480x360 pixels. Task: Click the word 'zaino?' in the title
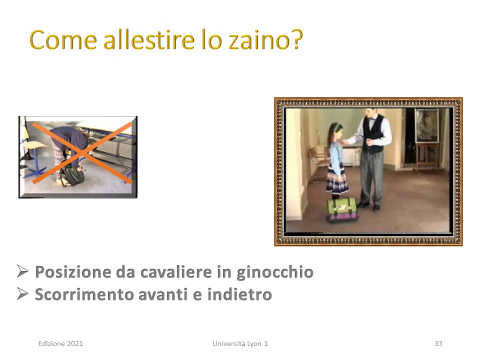[265, 39]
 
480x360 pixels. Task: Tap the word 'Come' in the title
[63, 40]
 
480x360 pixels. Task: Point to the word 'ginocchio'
[275, 272]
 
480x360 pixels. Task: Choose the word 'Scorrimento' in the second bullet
[84, 294]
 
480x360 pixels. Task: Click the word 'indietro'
[239, 294]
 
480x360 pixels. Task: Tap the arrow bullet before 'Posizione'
[22, 271]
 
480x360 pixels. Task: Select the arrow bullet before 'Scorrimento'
[22, 294]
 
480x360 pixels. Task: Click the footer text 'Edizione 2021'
[60, 343]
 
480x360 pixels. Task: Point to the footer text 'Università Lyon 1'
[240, 343]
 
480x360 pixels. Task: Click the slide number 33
[438, 343]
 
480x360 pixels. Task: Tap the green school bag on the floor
[341, 209]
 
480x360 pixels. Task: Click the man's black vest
[373, 134]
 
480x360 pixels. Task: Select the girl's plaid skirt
[336, 181]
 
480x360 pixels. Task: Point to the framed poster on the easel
[426, 125]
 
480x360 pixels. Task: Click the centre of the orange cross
[82, 153]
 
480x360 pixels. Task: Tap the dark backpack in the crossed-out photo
[73, 176]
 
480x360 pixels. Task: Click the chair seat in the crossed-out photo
[34, 145]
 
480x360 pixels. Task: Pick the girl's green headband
[335, 126]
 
